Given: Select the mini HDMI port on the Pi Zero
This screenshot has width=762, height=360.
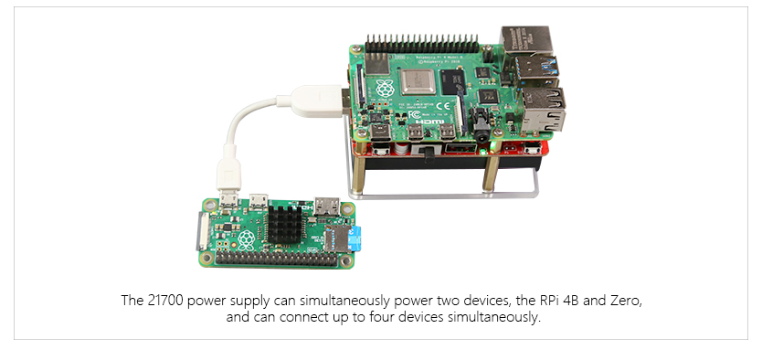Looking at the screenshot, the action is click(x=326, y=206).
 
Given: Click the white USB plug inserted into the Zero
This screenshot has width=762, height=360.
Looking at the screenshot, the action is click(x=226, y=175).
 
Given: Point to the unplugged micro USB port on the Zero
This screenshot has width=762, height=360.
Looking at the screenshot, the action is click(x=260, y=198).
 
